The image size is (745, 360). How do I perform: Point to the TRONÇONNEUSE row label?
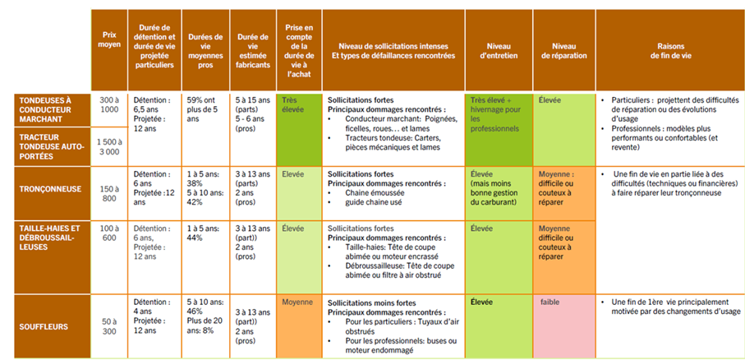click(x=51, y=188)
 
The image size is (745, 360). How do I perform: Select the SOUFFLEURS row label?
click(x=51, y=326)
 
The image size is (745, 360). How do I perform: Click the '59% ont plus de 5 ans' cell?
click(x=205, y=108)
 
